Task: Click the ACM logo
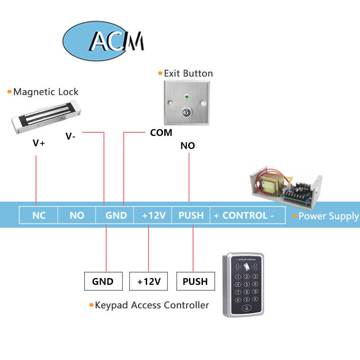103,40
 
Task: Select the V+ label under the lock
39,143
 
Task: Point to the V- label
70,136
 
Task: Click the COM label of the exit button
161,133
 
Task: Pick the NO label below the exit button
188,146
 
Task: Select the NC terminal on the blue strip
39,216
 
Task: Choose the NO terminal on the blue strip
77,216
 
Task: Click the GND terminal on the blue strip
116,216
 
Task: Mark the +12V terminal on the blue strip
154,216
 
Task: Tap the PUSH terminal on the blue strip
191,216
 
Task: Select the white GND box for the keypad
103,282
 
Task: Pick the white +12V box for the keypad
149,282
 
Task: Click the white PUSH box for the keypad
195,282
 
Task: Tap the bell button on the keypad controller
247,308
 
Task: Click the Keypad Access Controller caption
152,305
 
